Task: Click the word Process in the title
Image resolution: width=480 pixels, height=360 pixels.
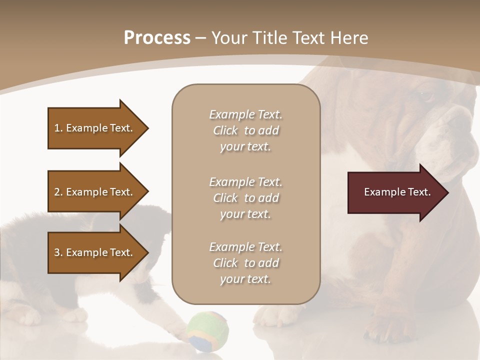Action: (157, 38)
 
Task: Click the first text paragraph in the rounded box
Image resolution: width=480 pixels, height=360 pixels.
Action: (245, 130)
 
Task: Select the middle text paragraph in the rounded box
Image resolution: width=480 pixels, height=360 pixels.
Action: (245, 198)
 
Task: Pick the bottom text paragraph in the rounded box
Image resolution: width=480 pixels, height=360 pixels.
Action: (245, 263)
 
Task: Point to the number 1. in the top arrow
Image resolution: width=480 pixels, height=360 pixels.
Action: (58, 128)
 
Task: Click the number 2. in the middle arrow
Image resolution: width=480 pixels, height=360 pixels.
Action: (58, 192)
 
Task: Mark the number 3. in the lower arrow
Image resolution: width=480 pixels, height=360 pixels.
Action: (58, 252)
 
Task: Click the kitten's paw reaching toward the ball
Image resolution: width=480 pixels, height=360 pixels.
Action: (175, 327)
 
